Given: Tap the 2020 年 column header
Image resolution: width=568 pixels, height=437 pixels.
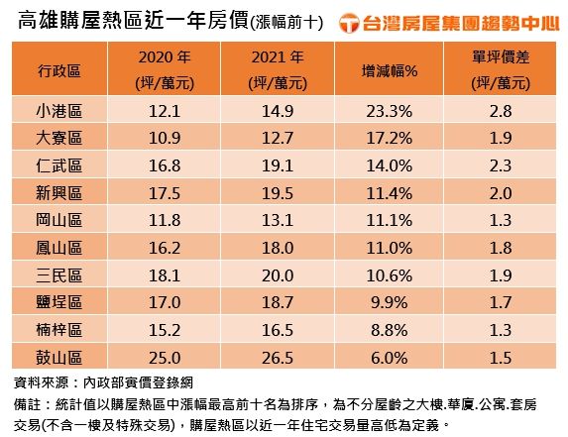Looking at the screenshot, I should (164, 69).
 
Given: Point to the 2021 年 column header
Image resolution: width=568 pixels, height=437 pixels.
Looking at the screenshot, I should (277, 69).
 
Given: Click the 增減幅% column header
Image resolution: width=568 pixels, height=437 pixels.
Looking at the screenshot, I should (389, 69).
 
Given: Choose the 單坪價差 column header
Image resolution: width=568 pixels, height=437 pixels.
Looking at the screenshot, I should (500, 69).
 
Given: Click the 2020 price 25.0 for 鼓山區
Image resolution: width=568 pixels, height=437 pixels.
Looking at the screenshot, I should (164, 357).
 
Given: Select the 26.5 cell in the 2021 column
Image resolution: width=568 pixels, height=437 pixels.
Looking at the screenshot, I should (277, 357).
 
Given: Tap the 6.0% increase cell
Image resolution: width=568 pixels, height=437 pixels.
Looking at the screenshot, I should (389, 357).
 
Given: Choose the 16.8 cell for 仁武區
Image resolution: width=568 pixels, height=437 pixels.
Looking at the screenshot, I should (164, 164).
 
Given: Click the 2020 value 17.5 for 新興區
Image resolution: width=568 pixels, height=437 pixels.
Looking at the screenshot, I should (164, 192).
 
